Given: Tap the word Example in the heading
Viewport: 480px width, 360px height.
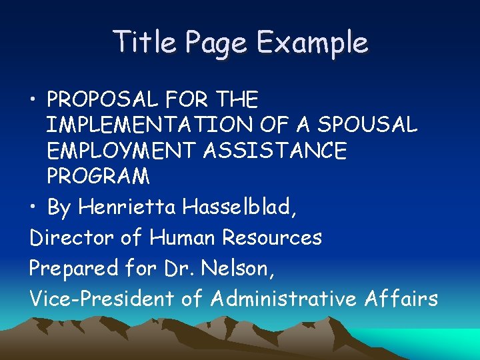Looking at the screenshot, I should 311,43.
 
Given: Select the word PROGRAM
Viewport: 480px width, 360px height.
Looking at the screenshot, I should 98,176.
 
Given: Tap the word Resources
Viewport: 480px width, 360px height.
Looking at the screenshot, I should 272,237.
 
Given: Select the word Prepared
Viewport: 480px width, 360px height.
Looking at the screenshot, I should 73,268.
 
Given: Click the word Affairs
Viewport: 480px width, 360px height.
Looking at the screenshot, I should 401,298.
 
